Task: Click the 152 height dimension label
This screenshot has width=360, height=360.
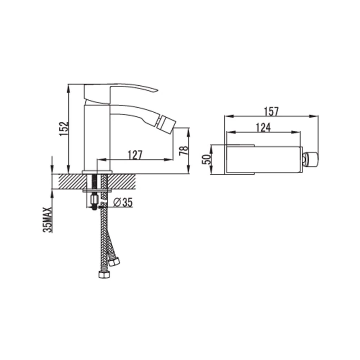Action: point(64,129)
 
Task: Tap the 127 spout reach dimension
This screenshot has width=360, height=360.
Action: point(135,155)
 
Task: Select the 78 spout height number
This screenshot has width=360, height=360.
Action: point(184,150)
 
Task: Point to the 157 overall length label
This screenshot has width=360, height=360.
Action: point(271,112)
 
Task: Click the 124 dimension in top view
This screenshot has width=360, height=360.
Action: point(264,128)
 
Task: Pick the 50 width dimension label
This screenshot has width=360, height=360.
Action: point(206,159)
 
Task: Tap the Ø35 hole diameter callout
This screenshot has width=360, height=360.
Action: point(123,202)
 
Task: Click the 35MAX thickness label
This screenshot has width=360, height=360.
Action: point(47,220)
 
